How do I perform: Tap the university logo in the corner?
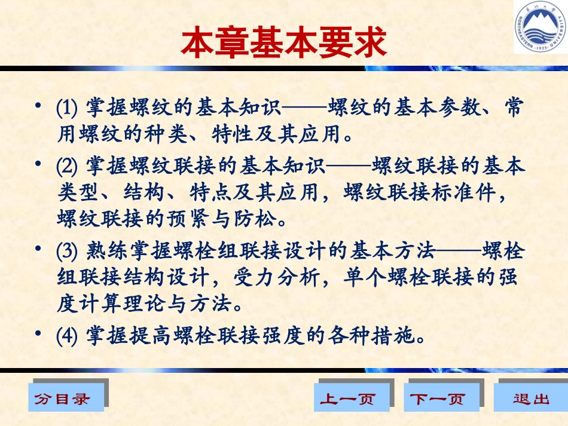pyautogui.click(x=540, y=27)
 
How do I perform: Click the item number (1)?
pyautogui.click(x=69, y=108)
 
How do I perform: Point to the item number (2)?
pyautogui.click(x=69, y=165)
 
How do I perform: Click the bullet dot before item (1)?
pyautogui.click(x=38, y=106)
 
